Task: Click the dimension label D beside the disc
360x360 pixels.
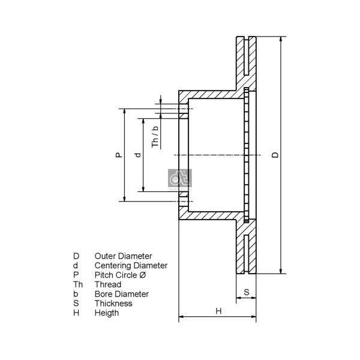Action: (275, 155)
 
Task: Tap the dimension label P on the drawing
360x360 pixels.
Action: (119, 155)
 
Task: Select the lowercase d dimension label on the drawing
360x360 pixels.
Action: (138, 155)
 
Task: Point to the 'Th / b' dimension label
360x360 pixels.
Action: (155, 137)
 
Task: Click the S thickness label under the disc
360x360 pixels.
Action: (247, 292)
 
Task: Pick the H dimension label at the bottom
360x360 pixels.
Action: (218, 311)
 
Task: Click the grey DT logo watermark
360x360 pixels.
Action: (180, 180)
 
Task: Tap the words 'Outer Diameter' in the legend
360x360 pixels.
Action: (123, 256)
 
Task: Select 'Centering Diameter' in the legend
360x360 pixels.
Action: (131, 265)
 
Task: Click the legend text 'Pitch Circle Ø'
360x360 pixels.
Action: (120, 275)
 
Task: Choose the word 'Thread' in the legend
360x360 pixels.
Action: (108, 284)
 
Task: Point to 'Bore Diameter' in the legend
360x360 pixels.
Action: (121, 294)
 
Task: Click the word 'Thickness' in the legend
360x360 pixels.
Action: (113, 303)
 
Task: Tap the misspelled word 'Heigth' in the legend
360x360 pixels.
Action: (107, 313)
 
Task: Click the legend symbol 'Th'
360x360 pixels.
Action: (78, 284)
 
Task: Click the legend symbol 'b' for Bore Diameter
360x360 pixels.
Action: (76, 294)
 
